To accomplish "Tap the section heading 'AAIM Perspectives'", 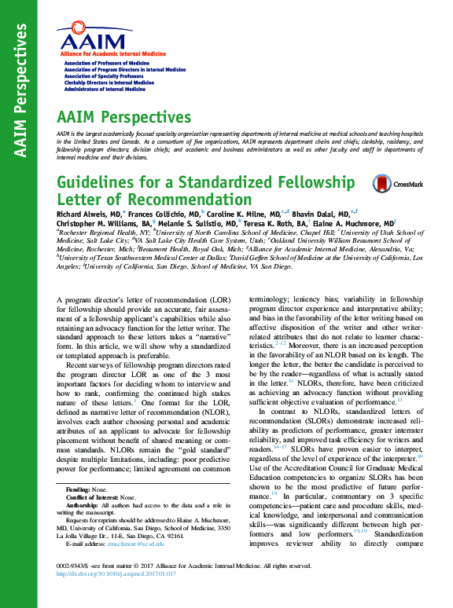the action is click(123, 118).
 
